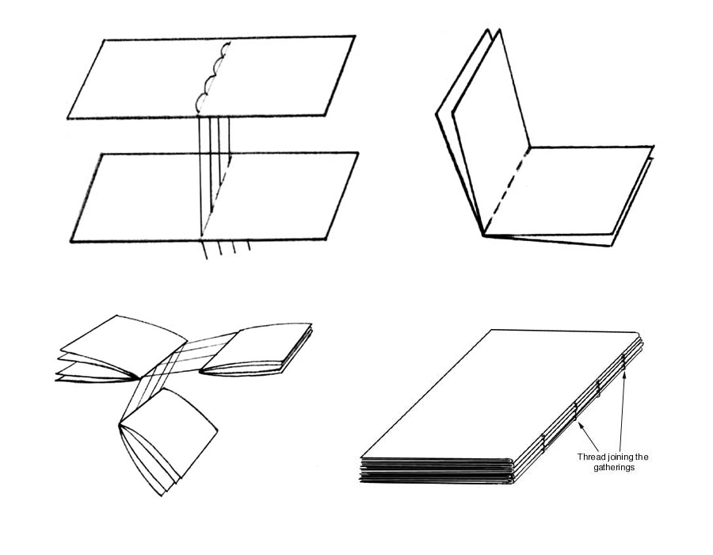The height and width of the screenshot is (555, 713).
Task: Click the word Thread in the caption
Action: pyautogui.click(x=591, y=457)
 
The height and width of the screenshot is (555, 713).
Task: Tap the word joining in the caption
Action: pyautogui.click(x=620, y=457)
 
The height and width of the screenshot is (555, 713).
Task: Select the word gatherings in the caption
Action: pyautogui.click(x=615, y=469)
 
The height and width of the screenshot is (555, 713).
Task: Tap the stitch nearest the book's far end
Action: pyautogui.click(x=624, y=360)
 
